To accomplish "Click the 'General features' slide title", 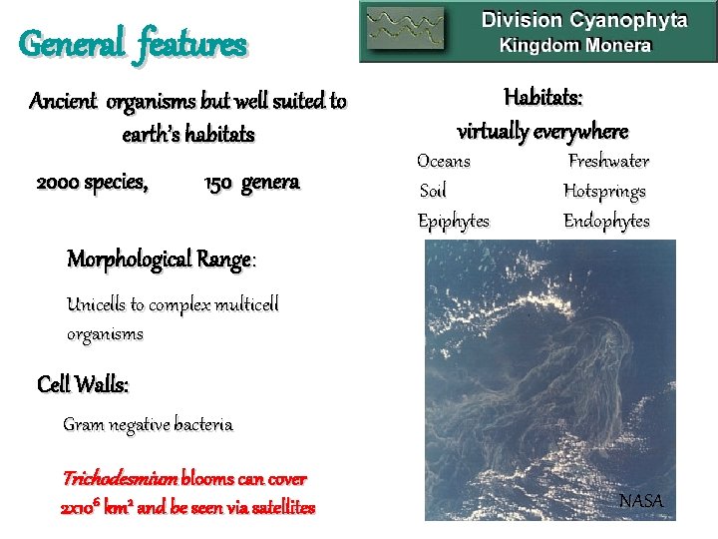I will [x=133, y=44].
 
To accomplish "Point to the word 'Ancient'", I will [x=65, y=101].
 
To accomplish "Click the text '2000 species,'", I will [x=93, y=183].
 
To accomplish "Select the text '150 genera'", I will [x=251, y=183].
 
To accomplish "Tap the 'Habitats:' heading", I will [x=543, y=98].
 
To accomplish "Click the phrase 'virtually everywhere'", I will [x=542, y=131].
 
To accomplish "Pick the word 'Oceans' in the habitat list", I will [x=444, y=161].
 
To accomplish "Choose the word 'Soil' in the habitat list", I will [x=432, y=191].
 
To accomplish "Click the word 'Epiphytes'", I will [x=453, y=221].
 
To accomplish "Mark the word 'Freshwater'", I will [x=608, y=161].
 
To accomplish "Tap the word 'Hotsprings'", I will [x=604, y=191].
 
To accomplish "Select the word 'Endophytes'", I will [x=606, y=221].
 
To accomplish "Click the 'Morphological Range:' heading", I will [x=162, y=260].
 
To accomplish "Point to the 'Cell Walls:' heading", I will [x=83, y=383].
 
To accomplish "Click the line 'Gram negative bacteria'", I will [x=148, y=424].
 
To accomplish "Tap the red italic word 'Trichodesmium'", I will [x=121, y=478].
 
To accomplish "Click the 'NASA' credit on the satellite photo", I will [x=640, y=500].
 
